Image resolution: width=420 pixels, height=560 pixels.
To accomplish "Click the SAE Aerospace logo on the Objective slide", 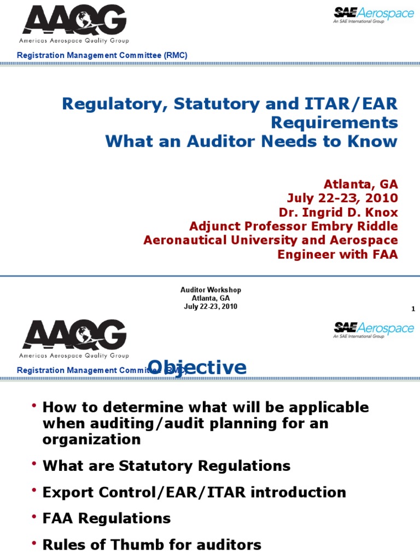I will [374, 330].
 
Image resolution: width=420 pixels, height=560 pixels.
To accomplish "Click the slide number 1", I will [413, 309].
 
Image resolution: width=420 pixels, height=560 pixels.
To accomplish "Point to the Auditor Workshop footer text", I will [211, 290].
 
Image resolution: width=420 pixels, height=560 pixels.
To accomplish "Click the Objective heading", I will [197, 367].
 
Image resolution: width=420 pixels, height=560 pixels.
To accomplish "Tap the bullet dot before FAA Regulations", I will [34, 516].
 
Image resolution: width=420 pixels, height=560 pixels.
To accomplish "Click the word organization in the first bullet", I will [91, 440].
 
